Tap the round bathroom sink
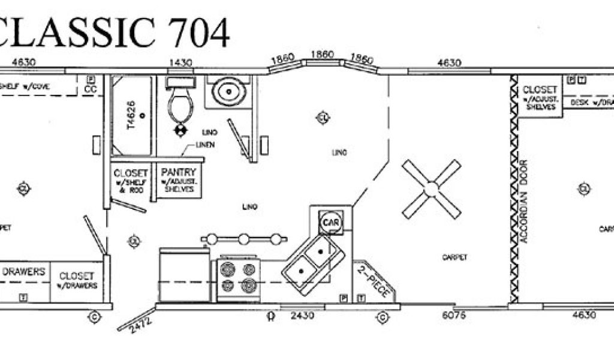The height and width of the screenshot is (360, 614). click(x=228, y=92)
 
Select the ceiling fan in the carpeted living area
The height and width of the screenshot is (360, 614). click(x=431, y=189)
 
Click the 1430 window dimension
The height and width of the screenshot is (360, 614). click(x=180, y=62)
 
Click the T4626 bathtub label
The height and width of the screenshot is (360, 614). click(x=132, y=113)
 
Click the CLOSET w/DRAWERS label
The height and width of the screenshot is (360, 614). click(x=77, y=280)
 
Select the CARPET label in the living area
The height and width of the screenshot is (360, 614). click(x=455, y=257)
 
